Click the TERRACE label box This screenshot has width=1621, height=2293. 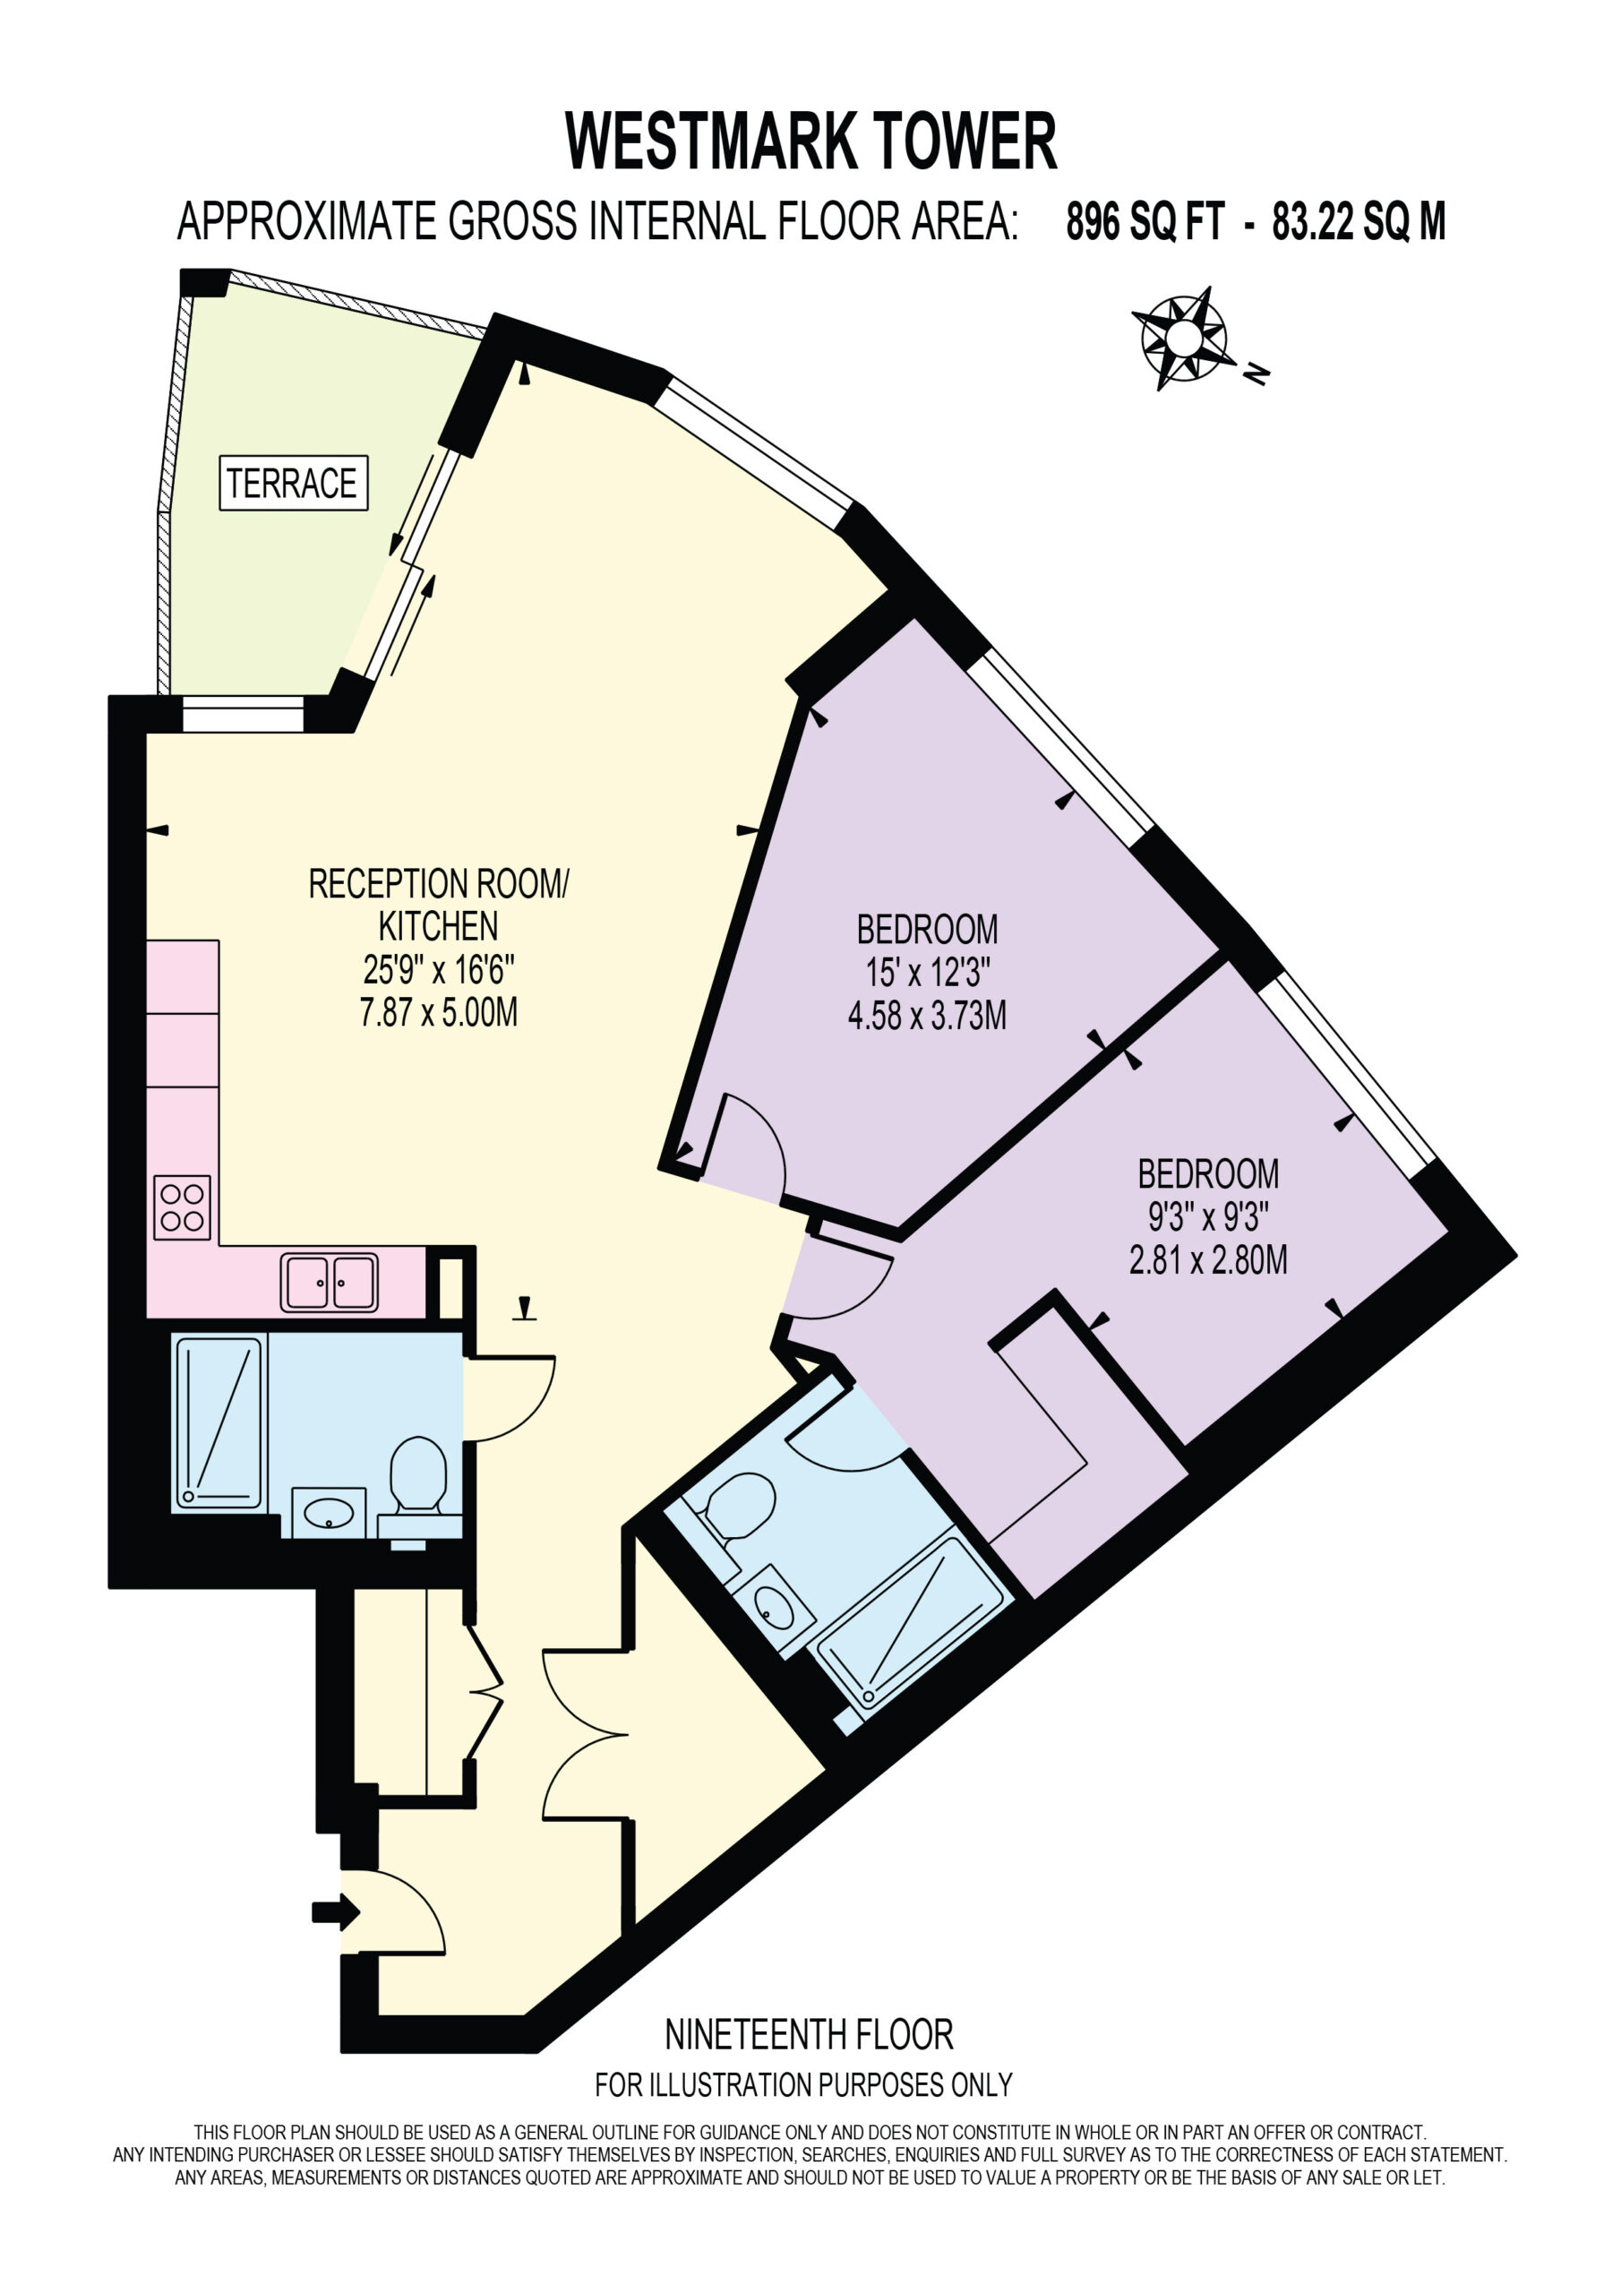click(x=294, y=484)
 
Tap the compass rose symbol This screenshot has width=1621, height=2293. click(x=1180, y=339)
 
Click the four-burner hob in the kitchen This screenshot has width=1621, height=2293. click(x=182, y=1207)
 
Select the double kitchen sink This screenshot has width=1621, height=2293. click(x=330, y=1283)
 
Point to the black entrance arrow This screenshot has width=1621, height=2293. click(x=336, y=1912)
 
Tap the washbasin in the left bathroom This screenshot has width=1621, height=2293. click(x=329, y=1512)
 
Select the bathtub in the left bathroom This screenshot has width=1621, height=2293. click(x=219, y=1422)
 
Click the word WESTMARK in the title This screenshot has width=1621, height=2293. click(x=710, y=142)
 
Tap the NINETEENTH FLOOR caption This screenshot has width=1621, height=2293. click(x=809, y=2034)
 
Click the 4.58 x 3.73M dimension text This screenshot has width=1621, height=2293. click(x=927, y=1016)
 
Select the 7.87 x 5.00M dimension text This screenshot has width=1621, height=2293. click(x=439, y=1013)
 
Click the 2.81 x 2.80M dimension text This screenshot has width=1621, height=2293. click(x=1207, y=1260)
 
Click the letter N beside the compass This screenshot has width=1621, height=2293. click(x=1257, y=374)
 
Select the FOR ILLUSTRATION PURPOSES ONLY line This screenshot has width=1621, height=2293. click(x=804, y=2085)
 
